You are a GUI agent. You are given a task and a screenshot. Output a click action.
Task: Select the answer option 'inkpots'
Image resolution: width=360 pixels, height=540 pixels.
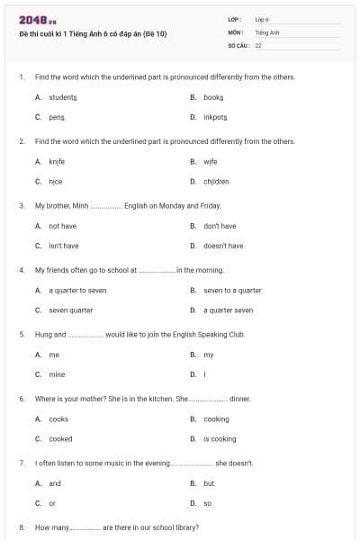[215, 117]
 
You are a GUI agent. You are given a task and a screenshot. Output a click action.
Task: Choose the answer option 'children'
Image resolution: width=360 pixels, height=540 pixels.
[216, 181]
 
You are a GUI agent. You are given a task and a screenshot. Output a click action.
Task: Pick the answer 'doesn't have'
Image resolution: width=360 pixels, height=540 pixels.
[223, 246]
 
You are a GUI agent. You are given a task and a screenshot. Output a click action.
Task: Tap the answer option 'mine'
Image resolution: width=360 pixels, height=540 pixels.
[57, 374]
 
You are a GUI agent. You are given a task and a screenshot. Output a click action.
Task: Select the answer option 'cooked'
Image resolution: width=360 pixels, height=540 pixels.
[60, 439]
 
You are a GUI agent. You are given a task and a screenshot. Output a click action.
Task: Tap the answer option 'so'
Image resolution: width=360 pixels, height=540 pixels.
[207, 503]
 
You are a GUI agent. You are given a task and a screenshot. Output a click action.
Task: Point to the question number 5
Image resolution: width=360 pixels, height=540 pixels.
[21, 334]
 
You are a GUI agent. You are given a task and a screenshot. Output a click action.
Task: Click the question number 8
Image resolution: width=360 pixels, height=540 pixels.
[21, 527]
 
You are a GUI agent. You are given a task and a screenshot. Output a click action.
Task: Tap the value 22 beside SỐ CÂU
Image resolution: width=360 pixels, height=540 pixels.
[258, 44]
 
